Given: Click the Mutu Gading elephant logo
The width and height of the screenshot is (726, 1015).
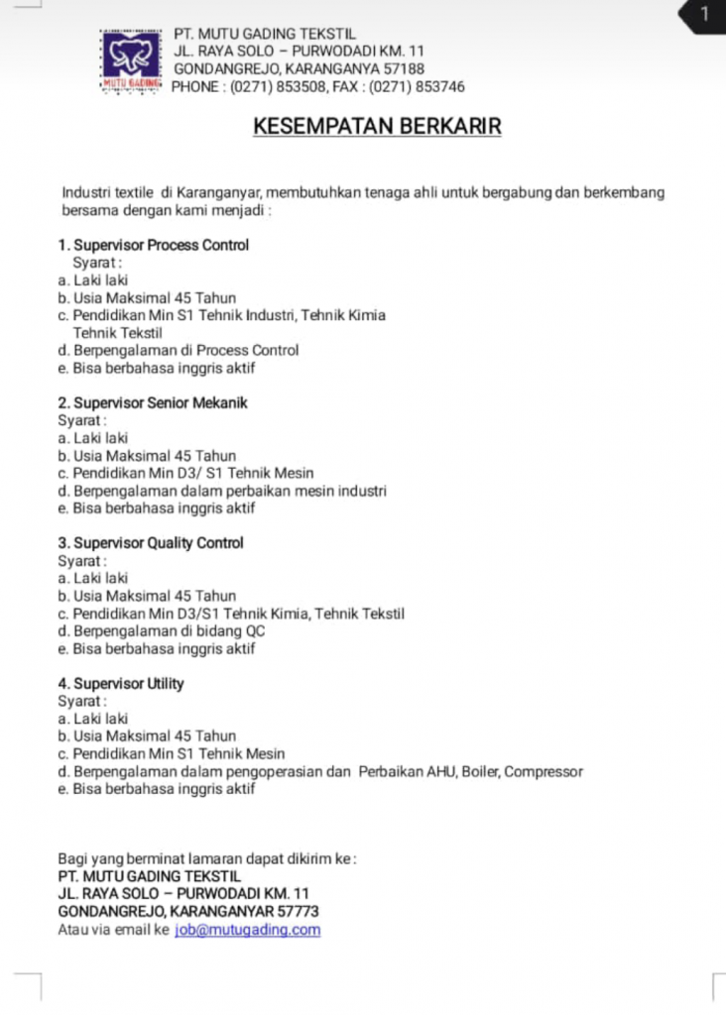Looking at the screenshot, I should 132,60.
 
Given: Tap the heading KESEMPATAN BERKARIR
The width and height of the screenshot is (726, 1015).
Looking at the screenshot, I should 377,127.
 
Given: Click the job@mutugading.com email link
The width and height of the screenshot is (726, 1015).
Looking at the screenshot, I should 247,930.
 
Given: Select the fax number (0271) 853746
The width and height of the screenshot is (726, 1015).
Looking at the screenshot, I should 417,87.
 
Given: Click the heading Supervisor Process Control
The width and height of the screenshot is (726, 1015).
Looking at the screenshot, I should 161,245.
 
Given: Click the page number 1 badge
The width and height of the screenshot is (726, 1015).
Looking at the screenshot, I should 704,14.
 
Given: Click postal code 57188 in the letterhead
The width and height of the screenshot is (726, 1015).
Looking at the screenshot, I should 404,69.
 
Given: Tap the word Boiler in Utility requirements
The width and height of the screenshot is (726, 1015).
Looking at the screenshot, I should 481,771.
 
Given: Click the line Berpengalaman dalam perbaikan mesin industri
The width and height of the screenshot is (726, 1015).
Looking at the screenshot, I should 230,491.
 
